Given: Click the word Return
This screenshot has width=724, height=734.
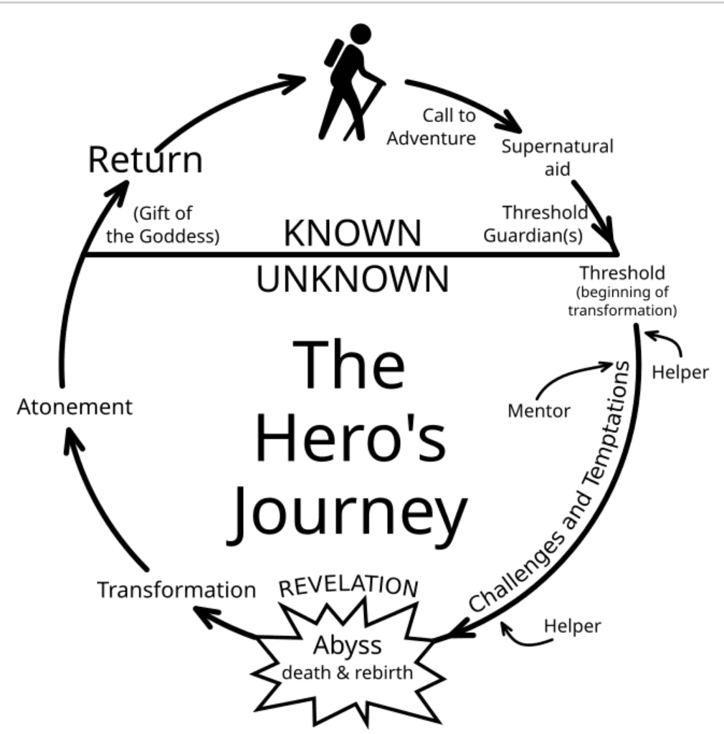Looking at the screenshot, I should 145,160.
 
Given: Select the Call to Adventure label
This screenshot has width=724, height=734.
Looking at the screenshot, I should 432,126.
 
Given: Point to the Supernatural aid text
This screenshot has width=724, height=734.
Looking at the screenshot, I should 557,157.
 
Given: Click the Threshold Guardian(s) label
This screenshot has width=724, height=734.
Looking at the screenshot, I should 535,224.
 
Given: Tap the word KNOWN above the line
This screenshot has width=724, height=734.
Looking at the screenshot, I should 353,234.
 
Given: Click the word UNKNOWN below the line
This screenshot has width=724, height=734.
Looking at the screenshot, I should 353,280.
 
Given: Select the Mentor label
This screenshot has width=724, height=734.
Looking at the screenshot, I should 538,411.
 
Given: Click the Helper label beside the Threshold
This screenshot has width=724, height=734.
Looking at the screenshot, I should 681,372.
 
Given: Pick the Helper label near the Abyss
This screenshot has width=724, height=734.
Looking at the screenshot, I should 572,625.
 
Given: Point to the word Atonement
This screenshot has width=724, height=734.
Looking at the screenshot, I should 75,407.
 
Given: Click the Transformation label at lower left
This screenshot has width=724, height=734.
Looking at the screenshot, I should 176,590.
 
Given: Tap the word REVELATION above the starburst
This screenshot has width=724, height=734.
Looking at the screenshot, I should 348,586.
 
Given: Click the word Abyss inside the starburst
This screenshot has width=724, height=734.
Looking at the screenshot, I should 347,646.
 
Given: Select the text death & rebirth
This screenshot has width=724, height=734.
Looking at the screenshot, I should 347,673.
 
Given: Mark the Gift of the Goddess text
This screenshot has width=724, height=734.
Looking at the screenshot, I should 163,224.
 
